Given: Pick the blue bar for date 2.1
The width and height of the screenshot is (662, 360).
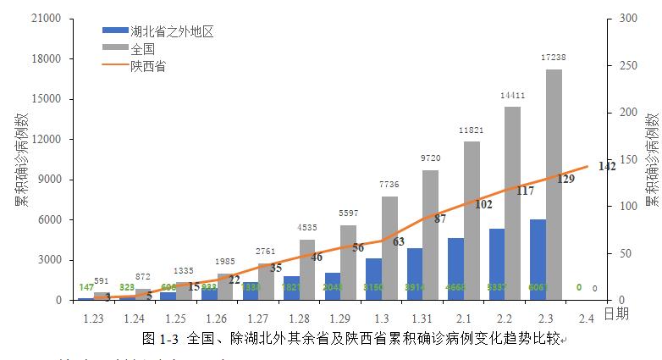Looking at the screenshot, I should tap(455, 269).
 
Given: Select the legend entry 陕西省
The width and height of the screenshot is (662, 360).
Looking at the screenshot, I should tap(147, 65).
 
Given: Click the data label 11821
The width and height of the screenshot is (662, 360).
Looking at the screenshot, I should tap(472, 130).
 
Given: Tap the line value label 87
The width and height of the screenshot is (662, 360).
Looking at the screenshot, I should tap(440, 219).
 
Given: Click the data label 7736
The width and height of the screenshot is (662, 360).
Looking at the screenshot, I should tap(389, 186).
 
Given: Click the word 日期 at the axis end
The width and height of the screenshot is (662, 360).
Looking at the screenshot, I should tap(615, 314).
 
